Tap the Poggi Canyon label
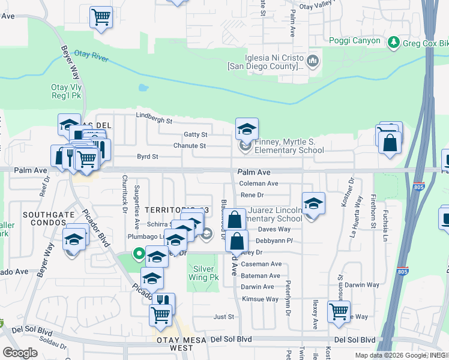[x=355, y=41]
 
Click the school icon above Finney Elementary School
[x=246, y=128]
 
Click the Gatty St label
[x=196, y=135]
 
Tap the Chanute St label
[x=190, y=146]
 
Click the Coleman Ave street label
[x=259, y=184]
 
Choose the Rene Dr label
[x=252, y=195]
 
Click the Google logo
[x=20, y=352]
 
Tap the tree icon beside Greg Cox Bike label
[x=394, y=42]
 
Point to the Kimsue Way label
[x=260, y=299]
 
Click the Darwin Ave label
[x=258, y=287]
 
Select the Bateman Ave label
[x=261, y=275]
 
